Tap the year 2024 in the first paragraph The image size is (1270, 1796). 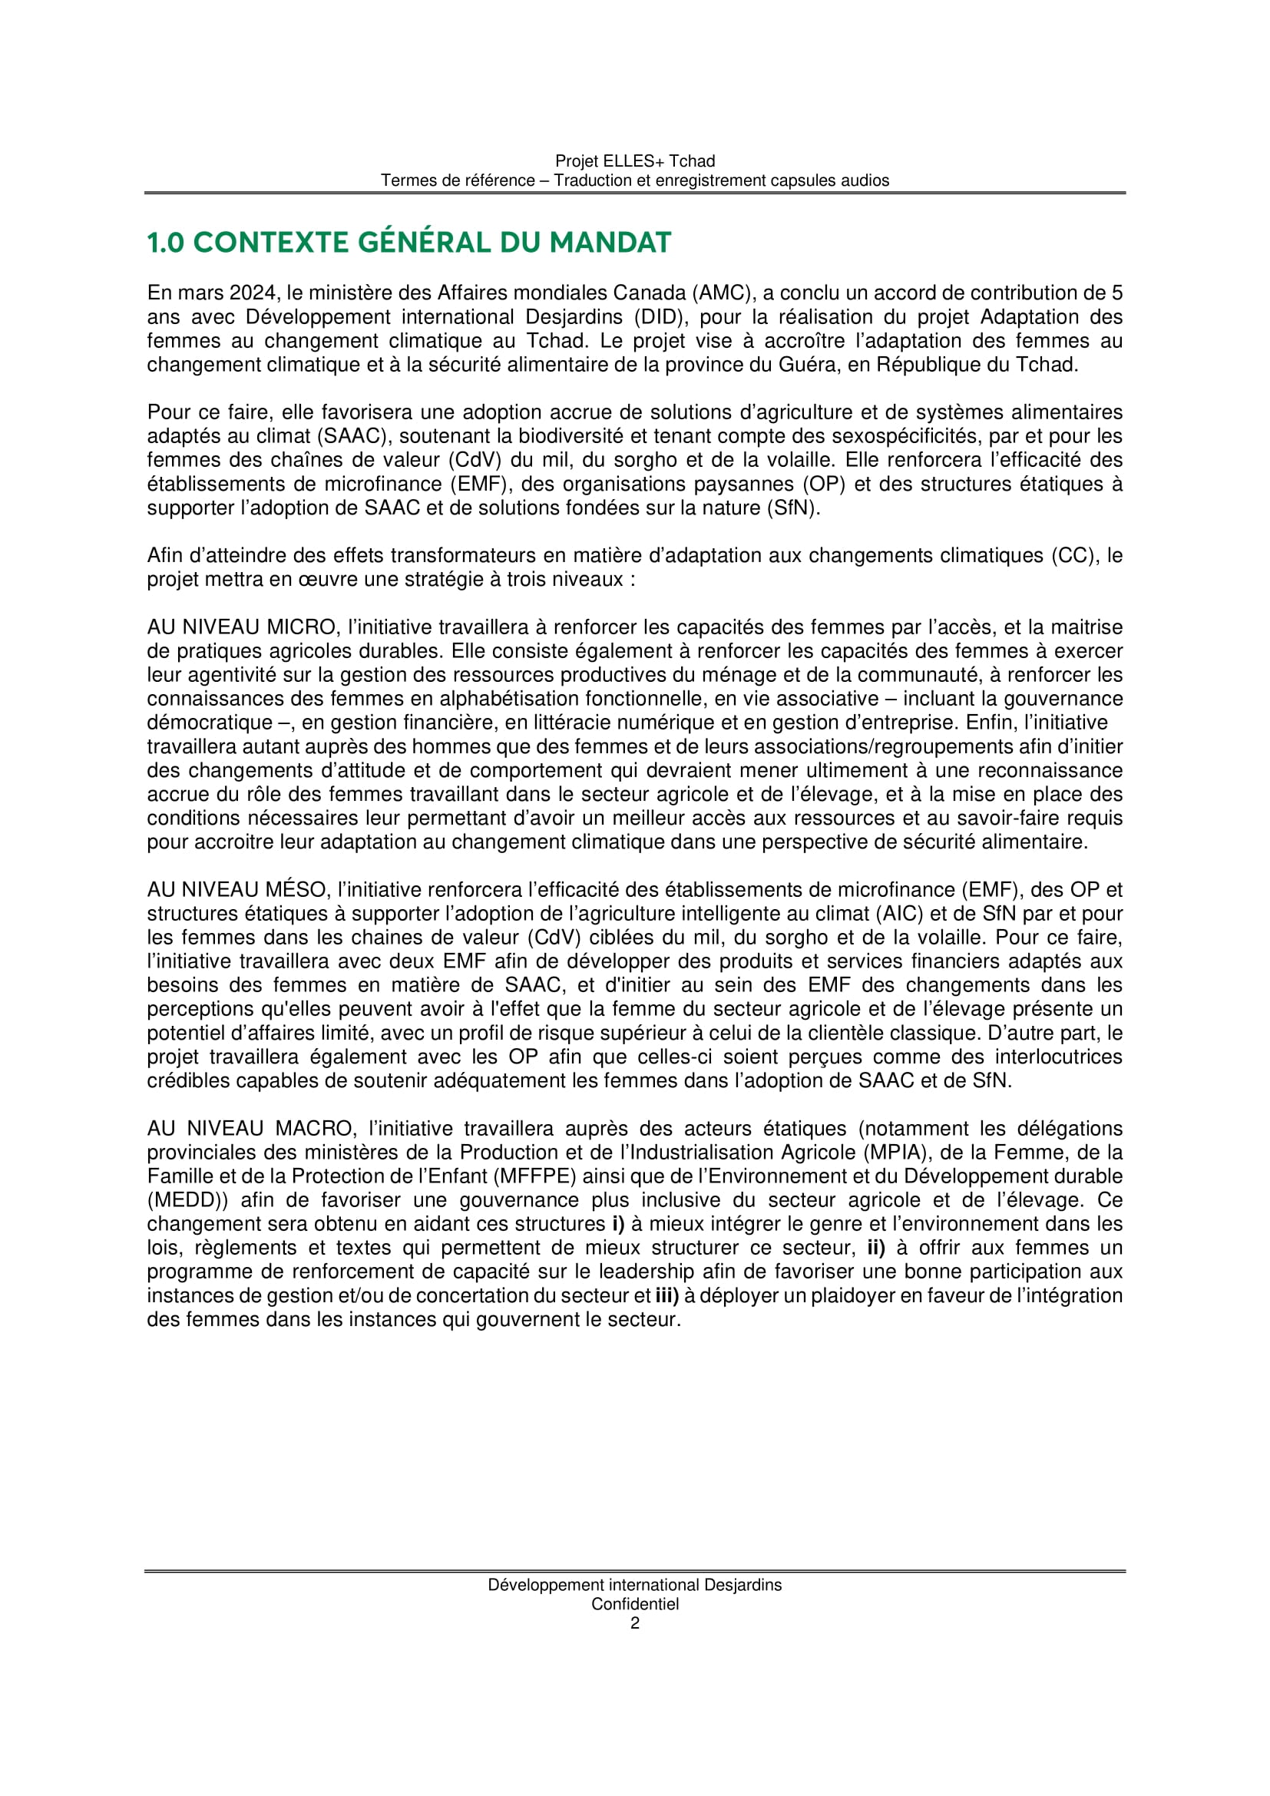tap(252, 293)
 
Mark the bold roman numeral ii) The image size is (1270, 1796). tap(876, 1249)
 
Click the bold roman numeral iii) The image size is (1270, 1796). tap(666, 1296)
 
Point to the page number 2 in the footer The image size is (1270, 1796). tap(635, 1624)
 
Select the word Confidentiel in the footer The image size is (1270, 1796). tap(635, 1604)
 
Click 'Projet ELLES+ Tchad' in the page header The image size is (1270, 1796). tap(635, 161)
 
